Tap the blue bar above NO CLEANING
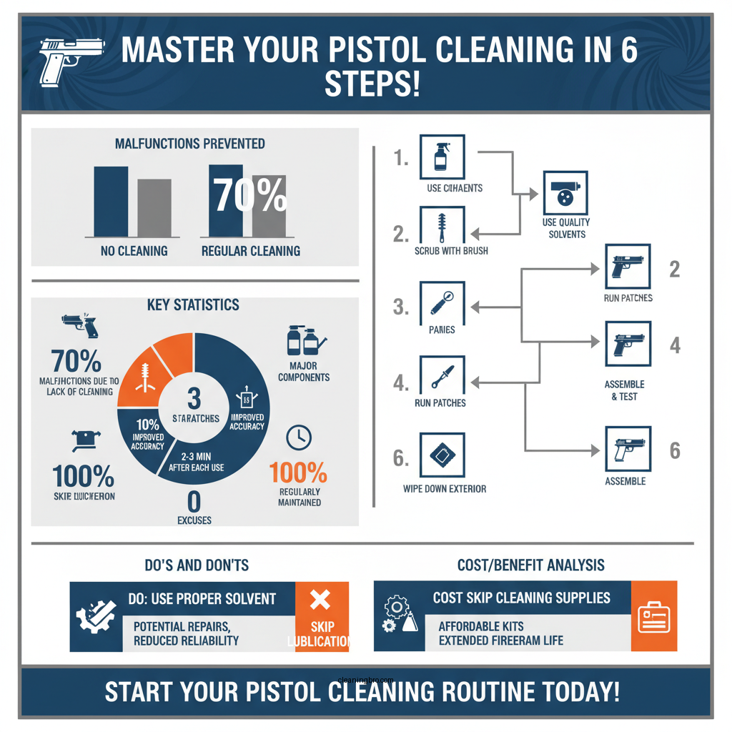[111, 202]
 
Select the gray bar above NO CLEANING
[154, 208]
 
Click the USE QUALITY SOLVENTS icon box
[565, 192]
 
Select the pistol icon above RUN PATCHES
[628, 267]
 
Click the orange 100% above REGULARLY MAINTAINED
[298, 473]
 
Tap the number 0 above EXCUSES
[194, 500]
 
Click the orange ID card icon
[653, 616]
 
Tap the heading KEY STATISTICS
[194, 305]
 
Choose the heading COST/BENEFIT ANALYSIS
[530, 565]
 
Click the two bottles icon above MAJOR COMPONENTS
[302, 342]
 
